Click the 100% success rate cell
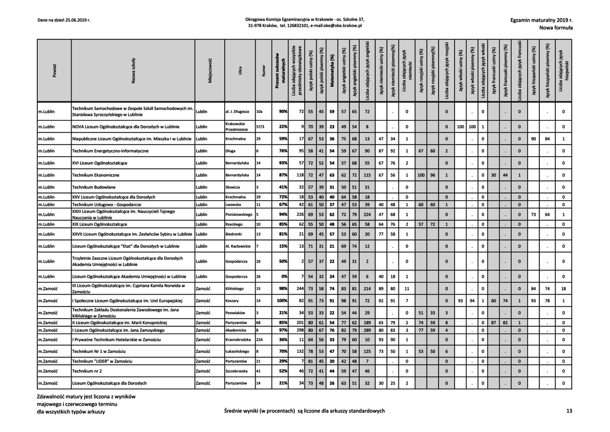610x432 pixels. click(x=280, y=301)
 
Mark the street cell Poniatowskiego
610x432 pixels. click(x=239, y=214)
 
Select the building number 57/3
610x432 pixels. click(x=259, y=127)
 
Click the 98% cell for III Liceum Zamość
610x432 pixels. click(x=281, y=289)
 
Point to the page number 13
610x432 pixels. click(x=569, y=411)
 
